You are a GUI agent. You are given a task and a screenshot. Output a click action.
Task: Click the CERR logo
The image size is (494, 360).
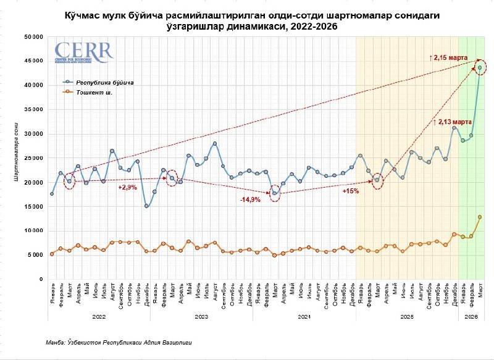(x=84, y=52)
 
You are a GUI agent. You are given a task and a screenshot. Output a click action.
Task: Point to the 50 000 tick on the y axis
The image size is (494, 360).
(x=33, y=36)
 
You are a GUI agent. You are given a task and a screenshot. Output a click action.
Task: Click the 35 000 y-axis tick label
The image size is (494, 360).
(x=33, y=109)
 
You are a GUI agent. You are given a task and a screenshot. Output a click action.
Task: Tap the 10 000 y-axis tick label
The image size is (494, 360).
(x=33, y=231)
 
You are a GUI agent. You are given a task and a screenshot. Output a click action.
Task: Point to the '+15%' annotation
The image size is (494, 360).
(x=350, y=191)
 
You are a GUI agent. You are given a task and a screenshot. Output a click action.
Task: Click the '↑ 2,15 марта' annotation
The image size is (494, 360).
(x=450, y=57)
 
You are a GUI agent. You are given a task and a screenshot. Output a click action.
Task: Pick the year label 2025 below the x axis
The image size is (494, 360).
(x=407, y=316)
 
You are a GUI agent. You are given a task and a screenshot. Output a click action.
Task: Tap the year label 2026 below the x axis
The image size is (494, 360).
(x=471, y=316)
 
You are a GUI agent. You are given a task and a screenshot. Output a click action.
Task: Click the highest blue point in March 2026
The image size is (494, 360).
(x=480, y=68)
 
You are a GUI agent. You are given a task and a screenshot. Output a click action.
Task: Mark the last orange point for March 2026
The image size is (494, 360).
(x=480, y=217)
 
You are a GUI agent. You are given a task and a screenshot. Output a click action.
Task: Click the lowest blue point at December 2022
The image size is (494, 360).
(x=146, y=206)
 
